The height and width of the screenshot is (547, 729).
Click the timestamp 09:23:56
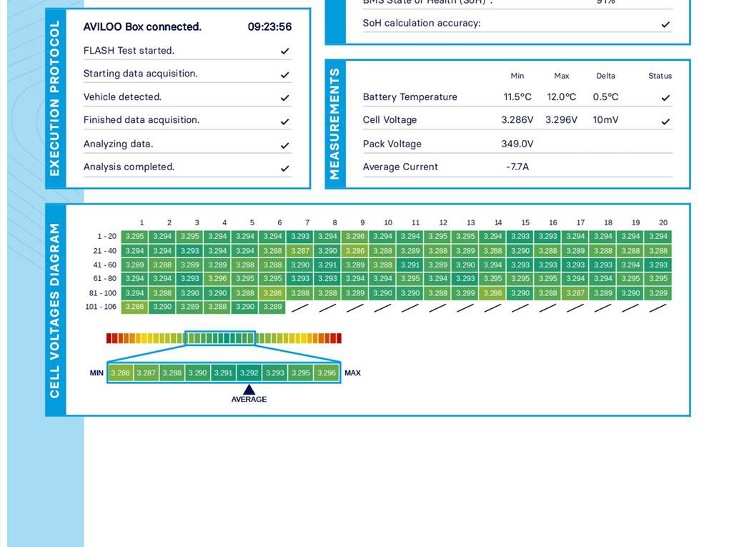click(x=269, y=27)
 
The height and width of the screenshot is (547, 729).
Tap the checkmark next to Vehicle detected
click(x=284, y=98)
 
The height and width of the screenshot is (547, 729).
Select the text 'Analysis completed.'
click(x=129, y=167)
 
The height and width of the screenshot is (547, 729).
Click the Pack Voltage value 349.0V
click(x=517, y=144)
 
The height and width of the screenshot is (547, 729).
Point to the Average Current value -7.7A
click(x=517, y=167)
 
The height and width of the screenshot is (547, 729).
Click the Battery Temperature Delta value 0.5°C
click(x=605, y=97)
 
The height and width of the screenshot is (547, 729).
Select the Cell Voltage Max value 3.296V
click(x=561, y=120)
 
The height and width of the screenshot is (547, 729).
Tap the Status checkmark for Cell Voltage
click(x=665, y=122)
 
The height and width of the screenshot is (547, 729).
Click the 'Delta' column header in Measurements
click(x=605, y=76)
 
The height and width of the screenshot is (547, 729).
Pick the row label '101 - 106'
click(x=101, y=307)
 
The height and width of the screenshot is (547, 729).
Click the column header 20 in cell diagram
click(x=663, y=222)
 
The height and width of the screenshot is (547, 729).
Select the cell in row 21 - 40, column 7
click(x=300, y=251)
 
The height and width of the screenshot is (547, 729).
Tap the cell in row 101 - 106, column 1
click(x=134, y=307)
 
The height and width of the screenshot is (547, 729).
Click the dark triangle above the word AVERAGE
click(x=249, y=390)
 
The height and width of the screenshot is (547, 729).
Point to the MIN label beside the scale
click(x=96, y=373)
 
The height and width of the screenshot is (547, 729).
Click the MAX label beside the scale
click(x=352, y=373)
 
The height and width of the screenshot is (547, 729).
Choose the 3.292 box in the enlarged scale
click(x=249, y=373)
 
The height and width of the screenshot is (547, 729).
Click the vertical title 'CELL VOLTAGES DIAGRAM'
click(x=55, y=310)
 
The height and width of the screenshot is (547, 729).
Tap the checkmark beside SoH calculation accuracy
click(x=665, y=24)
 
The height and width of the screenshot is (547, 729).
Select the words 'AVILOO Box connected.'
click(x=142, y=27)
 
